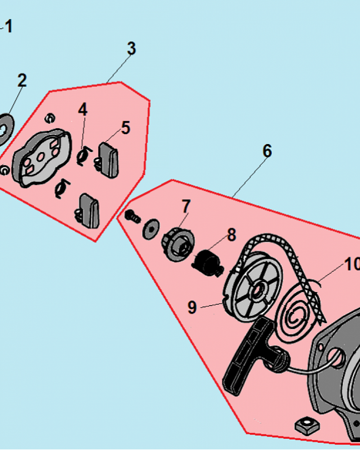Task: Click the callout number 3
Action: [x=131, y=49]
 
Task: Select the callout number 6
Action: [x=267, y=151]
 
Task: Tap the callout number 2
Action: [x=22, y=81]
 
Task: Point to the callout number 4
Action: [x=82, y=109]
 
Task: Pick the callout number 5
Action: [x=126, y=128]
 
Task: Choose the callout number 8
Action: [x=231, y=234]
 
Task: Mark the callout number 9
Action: [x=192, y=307]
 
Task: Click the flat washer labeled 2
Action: [x=5, y=128]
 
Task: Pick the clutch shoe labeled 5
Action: [x=109, y=157]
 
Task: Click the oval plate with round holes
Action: [x=41, y=157]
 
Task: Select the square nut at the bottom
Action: [x=306, y=424]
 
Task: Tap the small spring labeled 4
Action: [x=82, y=156]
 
